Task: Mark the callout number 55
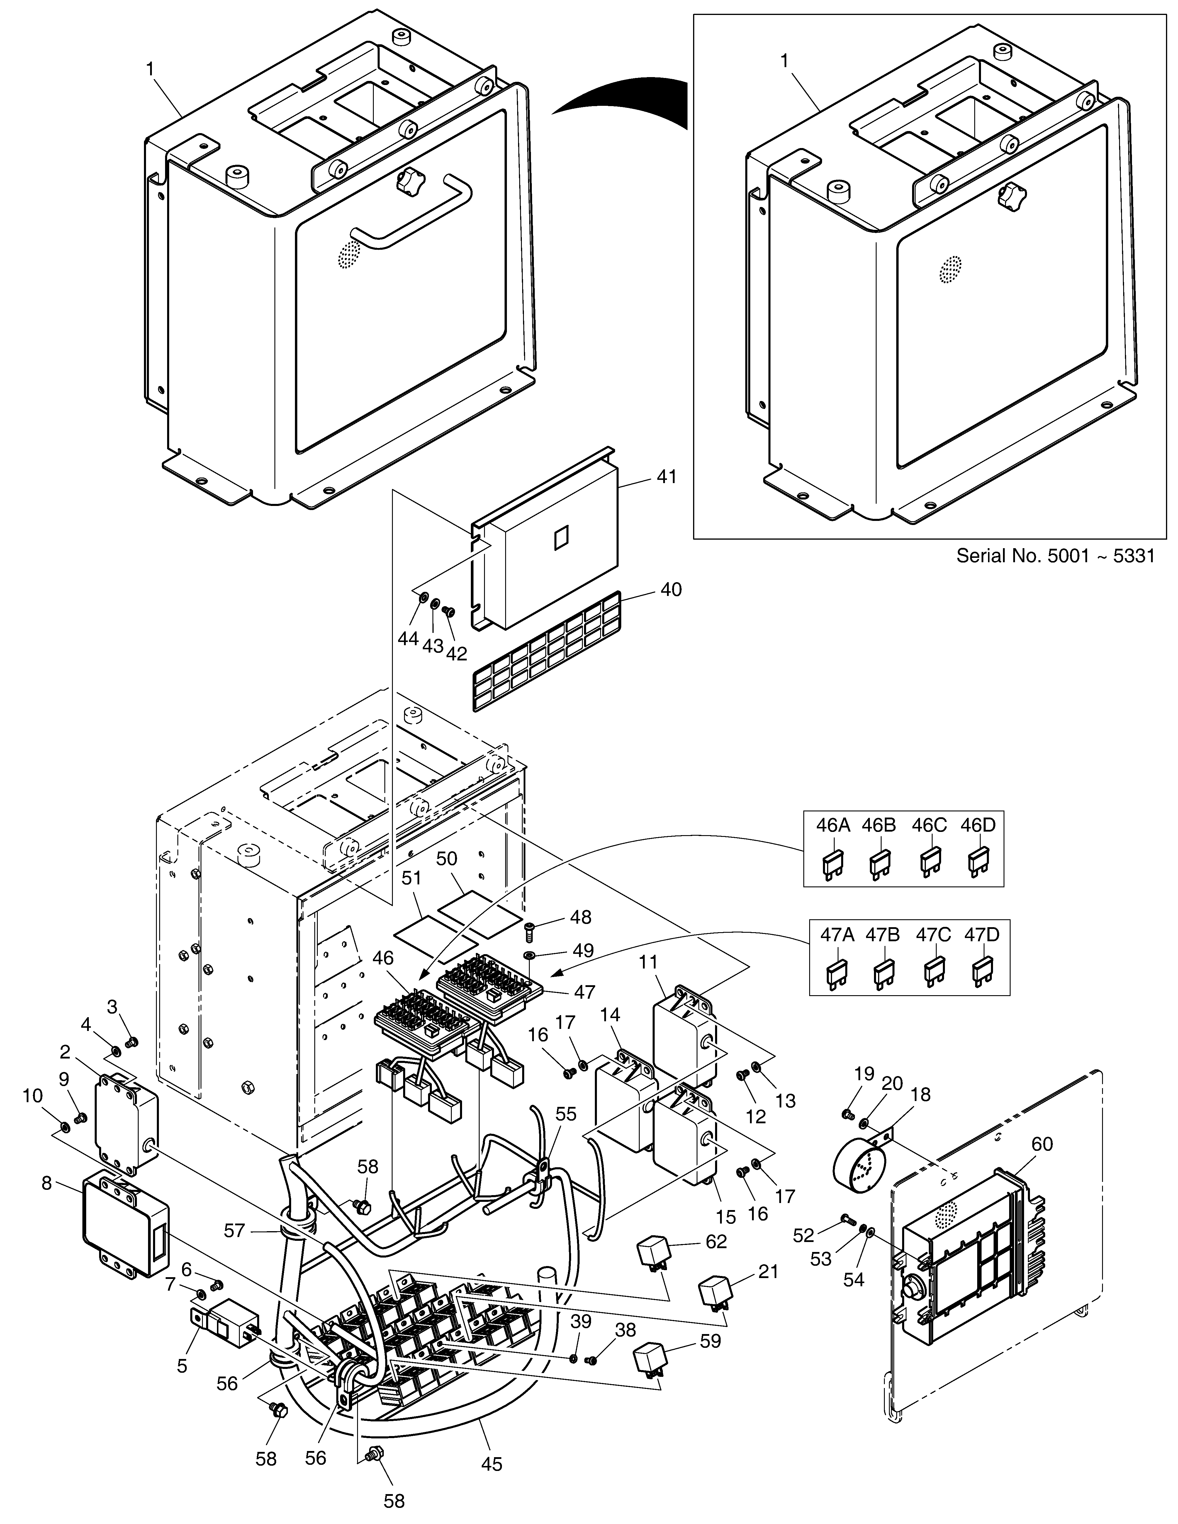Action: click(x=566, y=1114)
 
